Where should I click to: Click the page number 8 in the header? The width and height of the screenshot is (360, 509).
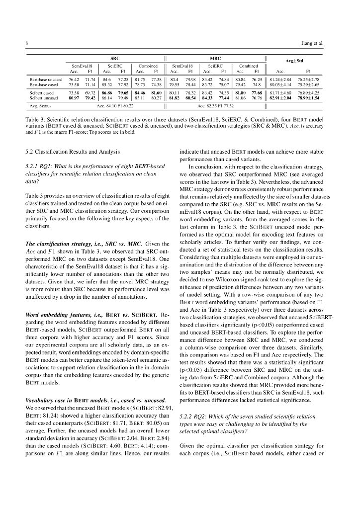(x=26, y=43)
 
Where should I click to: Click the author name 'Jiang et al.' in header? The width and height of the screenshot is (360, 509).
(x=313, y=43)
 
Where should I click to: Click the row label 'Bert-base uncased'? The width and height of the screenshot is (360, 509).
(x=46, y=79)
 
